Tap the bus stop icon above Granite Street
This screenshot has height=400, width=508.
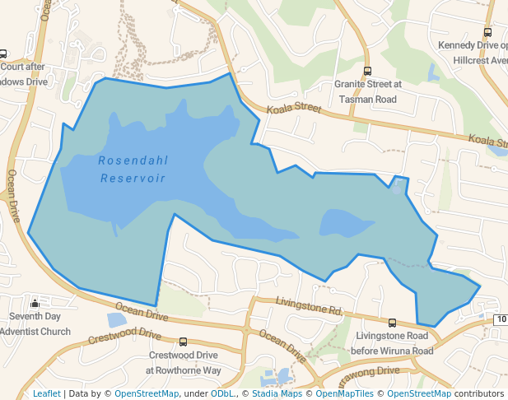(367, 71)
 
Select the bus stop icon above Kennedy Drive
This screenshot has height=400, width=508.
(487, 33)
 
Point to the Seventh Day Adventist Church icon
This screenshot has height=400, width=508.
(35, 304)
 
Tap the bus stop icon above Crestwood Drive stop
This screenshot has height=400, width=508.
(183, 342)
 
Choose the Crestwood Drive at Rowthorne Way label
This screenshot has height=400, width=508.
(184, 363)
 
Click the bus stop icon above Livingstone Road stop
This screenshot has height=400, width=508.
(392, 323)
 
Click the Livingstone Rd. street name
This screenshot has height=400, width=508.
(310, 308)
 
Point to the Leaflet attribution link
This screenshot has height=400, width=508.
(47, 393)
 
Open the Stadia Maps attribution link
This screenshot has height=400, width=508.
(277, 393)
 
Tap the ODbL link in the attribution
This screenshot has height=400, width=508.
(221, 393)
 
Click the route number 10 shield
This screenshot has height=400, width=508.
(501, 319)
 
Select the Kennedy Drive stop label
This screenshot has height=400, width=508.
(474, 53)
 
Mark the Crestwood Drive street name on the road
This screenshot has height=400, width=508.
(126, 335)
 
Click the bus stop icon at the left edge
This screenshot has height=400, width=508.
(3, 54)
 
